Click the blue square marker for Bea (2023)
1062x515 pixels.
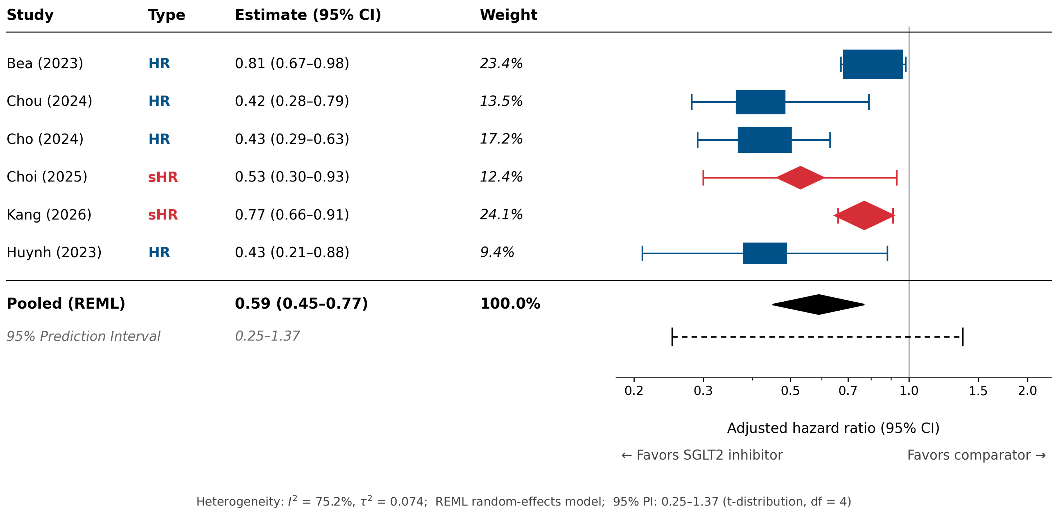[873, 64]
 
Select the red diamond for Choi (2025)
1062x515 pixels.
[800, 178]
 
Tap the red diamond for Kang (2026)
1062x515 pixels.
[864, 215]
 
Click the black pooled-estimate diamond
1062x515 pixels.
[818, 305]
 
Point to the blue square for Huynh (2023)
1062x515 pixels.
[765, 253]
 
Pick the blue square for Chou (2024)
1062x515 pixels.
[761, 102]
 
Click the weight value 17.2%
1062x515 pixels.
[501, 139]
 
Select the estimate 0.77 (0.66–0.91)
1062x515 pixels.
[292, 215]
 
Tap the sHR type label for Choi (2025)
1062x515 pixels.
[163, 177]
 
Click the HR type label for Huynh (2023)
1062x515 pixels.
[159, 252]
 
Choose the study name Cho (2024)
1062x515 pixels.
[45, 139]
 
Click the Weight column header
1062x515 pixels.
[508, 15]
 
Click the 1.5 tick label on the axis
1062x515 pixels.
[978, 390]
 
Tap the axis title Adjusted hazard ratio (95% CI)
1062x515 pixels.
[833, 428]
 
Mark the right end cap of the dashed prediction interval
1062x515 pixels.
[963, 337]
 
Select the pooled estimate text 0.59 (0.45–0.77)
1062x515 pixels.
[301, 304]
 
